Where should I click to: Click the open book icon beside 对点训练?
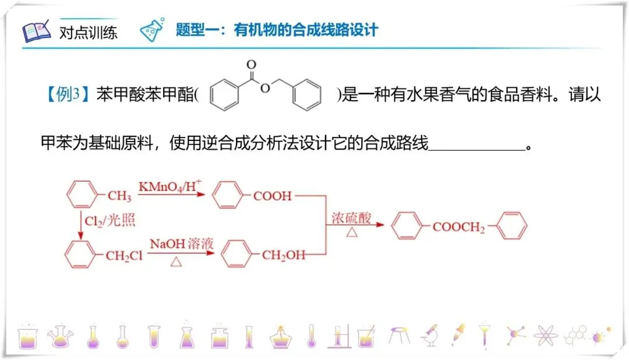[x=36, y=31]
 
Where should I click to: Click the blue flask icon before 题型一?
[x=153, y=29]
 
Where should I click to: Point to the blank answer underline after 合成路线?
[x=476, y=148]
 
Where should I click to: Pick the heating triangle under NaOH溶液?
[x=175, y=262]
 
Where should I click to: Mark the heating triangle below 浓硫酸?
[x=352, y=232]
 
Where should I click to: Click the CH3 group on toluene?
[x=119, y=196]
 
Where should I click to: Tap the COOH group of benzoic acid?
[x=272, y=196]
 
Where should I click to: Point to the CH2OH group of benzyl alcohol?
[x=283, y=256]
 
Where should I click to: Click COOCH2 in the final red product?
[x=458, y=227]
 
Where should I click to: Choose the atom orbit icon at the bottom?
[x=545, y=335]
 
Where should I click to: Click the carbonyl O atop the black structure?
[x=251, y=64]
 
